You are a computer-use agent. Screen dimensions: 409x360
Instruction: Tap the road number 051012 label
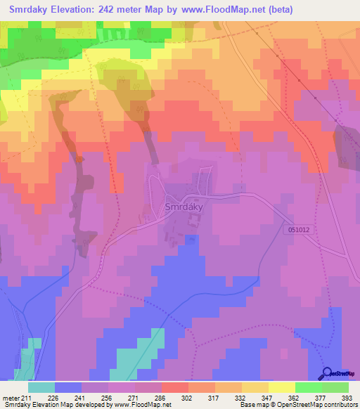[x=302, y=228]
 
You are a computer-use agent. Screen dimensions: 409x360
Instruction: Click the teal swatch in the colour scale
[x=41, y=387]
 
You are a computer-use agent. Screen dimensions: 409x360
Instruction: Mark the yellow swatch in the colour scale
[x=281, y=387]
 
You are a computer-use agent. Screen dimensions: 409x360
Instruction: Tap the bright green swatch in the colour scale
[x=308, y=387]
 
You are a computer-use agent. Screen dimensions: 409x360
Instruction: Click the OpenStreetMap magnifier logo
[x=328, y=373]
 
